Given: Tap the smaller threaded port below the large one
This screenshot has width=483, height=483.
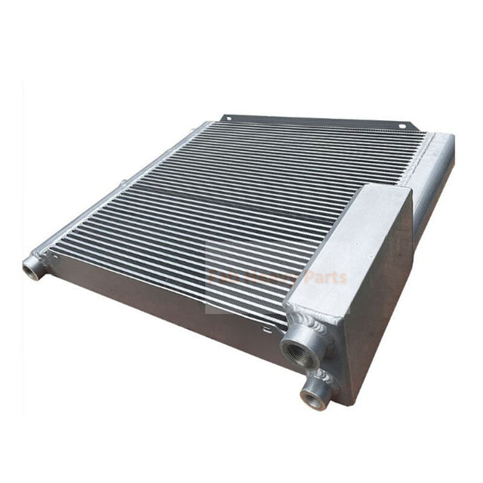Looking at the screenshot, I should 312,395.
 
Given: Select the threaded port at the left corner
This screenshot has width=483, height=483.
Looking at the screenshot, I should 33,266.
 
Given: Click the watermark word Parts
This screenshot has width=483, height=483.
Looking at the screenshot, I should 324,278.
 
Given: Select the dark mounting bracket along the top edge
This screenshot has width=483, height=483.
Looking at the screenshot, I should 317,123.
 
